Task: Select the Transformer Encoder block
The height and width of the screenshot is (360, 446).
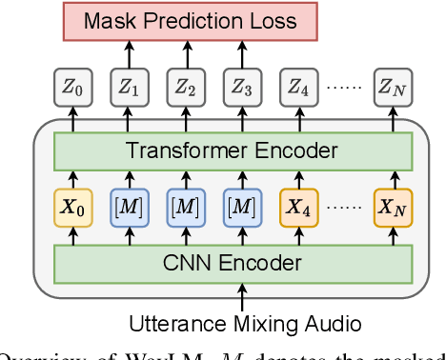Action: point(233,150)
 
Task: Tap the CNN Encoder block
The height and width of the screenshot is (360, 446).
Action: point(233,263)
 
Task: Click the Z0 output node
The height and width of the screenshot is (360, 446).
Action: point(72,91)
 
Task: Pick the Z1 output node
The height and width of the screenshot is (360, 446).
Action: point(129,91)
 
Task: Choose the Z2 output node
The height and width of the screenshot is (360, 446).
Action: point(185,91)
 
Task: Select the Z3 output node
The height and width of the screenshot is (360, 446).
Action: point(241,91)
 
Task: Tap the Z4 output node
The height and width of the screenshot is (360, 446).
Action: point(297,91)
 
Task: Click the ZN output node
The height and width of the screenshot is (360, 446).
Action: point(393,91)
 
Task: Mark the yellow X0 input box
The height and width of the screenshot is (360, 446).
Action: point(72,207)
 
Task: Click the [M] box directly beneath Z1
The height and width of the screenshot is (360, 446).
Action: point(129,207)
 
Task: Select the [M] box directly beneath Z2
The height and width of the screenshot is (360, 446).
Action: point(185,207)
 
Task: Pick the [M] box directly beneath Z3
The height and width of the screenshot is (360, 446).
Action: point(241,207)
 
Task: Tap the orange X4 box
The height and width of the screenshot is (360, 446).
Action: point(297,207)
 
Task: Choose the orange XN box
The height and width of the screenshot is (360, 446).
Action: point(393,207)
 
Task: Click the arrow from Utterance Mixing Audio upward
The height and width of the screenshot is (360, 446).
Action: point(233,296)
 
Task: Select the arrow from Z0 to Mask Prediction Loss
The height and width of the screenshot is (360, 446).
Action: point(72,59)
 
